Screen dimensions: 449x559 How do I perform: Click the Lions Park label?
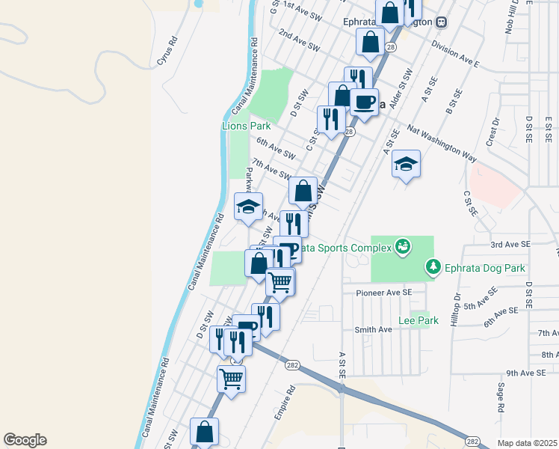(x=246, y=126)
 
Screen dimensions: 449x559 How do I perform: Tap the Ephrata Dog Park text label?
(x=487, y=268)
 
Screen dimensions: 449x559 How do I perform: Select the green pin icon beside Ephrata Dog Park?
(x=433, y=266)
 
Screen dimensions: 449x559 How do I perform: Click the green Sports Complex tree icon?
(x=403, y=246)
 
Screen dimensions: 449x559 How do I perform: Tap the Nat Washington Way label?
(x=443, y=144)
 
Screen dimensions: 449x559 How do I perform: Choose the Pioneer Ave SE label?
(x=384, y=293)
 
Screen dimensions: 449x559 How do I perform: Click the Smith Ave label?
(x=373, y=329)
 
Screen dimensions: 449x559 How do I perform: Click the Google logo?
(x=24, y=440)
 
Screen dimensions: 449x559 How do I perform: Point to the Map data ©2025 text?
(x=528, y=443)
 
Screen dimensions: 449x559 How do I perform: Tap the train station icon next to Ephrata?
(x=442, y=22)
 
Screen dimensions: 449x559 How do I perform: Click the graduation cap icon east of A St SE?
(x=407, y=164)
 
